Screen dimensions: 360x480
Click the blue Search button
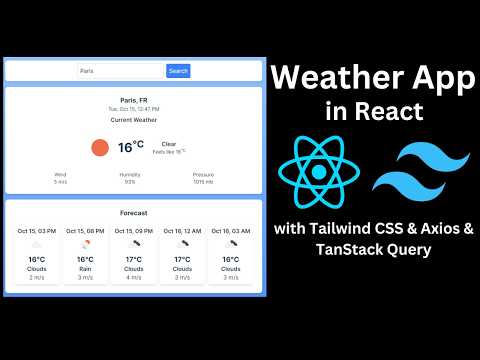[178, 71]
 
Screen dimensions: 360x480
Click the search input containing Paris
[120, 71]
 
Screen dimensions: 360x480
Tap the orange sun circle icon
[99, 147]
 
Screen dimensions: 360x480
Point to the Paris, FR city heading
[133, 101]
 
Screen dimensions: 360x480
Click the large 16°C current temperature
[131, 147]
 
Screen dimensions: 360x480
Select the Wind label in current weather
[61, 174]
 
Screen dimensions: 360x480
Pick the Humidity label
[130, 174]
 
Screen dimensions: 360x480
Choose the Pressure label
[203, 174]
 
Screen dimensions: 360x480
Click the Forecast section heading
[133, 213]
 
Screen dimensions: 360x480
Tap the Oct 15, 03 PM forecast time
[37, 231]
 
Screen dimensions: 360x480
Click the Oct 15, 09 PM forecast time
[134, 231]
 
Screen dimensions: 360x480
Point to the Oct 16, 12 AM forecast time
[182, 231]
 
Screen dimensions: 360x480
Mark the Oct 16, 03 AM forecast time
[231, 231]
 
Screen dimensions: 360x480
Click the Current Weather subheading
[133, 119]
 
